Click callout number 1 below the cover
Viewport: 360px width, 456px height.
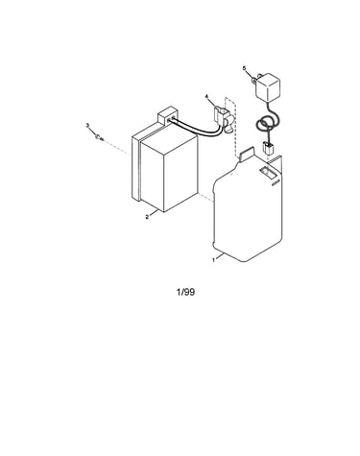point(214,260)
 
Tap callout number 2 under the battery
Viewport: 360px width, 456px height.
point(147,217)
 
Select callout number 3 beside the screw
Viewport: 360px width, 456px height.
point(87,126)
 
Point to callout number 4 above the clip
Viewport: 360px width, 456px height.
point(206,96)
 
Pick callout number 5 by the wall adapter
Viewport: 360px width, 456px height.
point(244,68)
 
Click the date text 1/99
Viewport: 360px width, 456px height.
point(185,292)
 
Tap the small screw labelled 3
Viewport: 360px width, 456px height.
point(99,138)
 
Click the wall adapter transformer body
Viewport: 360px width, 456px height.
point(268,87)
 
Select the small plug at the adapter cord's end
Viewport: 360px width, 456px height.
point(267,149)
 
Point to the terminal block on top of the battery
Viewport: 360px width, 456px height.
point(167,116)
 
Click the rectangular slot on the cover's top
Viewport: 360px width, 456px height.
point(268,171)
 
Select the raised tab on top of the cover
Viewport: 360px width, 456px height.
point(246,154)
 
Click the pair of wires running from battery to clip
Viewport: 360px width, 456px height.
point(196,129)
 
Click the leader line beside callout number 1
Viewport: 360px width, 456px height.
point(220,256)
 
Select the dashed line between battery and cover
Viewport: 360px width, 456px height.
point(205,197)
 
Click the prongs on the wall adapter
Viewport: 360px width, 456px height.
point(255,80)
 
